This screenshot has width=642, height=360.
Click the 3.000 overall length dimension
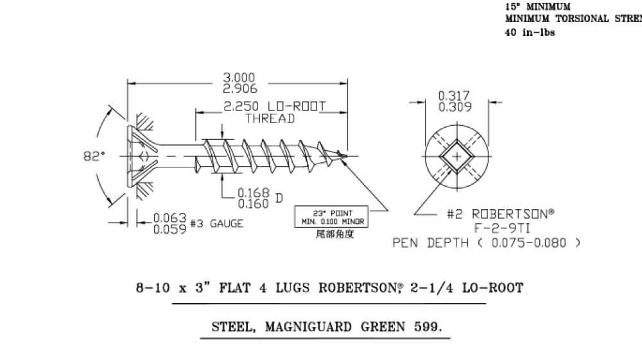pos(239,78)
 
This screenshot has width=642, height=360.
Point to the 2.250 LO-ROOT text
pos(274,107)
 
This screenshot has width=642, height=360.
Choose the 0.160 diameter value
pos(253,203)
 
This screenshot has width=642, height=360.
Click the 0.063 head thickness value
pos(170,218)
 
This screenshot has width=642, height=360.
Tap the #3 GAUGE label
pos(217,224)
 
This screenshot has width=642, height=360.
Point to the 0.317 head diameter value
pos(454,96)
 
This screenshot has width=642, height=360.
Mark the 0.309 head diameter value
pos(454,107)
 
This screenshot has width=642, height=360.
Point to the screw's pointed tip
pos(348,155)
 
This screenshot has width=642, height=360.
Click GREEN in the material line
pos(376,327)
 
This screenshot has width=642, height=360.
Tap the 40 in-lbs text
pos(530,33)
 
